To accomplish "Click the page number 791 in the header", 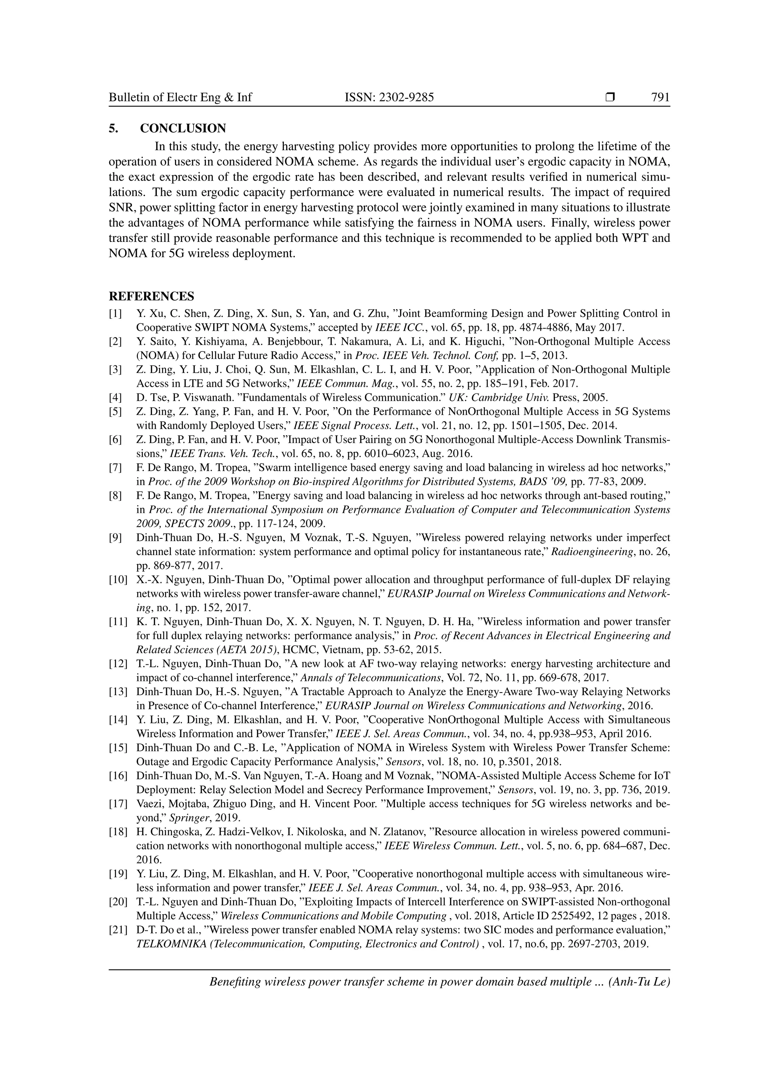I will [660, 97].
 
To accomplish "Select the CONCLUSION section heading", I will [183, 129].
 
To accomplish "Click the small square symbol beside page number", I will [610, 97].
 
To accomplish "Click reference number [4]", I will [115, 398].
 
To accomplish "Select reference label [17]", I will [118, 804].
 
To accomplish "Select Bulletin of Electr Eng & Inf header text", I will [181, 97].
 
